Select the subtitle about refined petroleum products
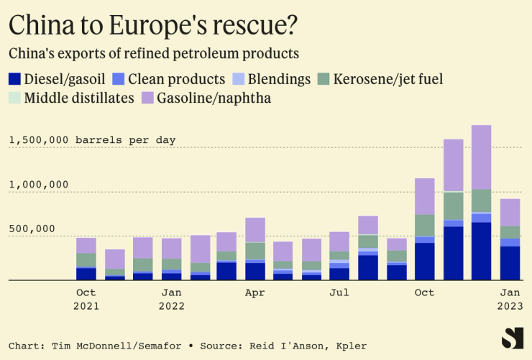153,54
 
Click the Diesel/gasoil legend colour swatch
14,79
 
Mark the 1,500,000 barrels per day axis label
92,140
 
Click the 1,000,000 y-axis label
39,185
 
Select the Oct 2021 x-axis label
86,299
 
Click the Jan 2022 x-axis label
171,299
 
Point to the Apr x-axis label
255,292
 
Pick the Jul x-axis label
339,292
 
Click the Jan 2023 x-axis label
510,299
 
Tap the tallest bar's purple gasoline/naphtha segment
481,157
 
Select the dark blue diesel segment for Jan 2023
510,263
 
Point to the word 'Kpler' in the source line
351,346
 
